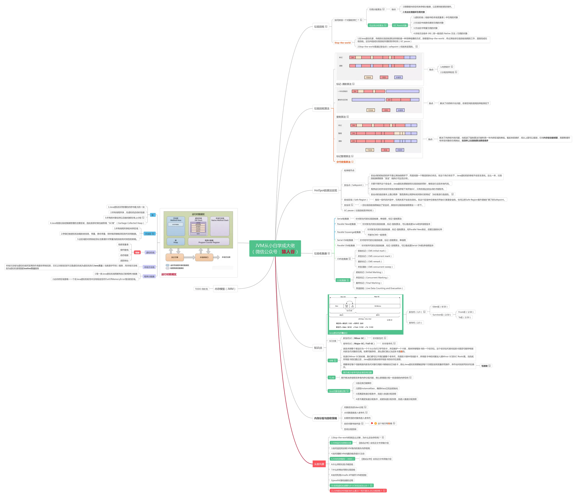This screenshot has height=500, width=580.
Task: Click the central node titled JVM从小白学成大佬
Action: [275, 248]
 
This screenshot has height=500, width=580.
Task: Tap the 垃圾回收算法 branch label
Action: [322, 108]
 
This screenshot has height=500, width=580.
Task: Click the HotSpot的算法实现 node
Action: [325, 190]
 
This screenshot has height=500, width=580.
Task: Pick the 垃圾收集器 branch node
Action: [320, 253]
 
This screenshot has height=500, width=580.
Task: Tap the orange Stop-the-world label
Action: [342, 43]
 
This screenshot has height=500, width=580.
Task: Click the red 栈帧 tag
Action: [137, 252]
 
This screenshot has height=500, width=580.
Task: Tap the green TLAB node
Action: [331, 378]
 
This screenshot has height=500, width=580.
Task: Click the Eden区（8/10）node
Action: [439, 307]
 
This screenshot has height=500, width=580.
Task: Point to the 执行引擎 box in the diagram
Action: [175, 257]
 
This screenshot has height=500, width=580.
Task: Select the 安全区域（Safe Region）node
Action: [356, 200]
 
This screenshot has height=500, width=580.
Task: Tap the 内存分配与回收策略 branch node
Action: [325, 418]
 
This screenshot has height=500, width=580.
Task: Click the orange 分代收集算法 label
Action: [344, 162]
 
